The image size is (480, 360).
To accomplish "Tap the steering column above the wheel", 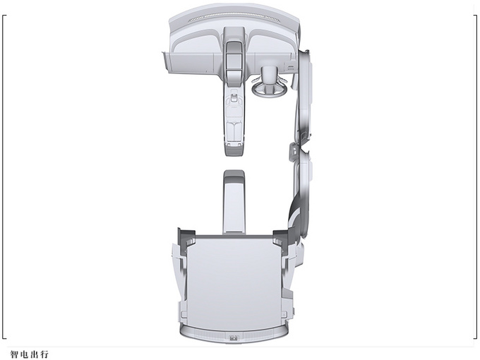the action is pos(269,74).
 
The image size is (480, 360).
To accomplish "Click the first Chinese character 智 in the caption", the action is pos(14,354).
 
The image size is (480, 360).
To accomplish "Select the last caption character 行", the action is pos(44,354).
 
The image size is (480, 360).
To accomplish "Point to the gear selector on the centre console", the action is pos(234,97).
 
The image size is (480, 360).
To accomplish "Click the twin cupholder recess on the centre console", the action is pos(234,129).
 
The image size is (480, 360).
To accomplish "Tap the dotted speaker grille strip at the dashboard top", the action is pos(234,16).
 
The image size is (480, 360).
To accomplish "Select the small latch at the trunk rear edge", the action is pos(234,338).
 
